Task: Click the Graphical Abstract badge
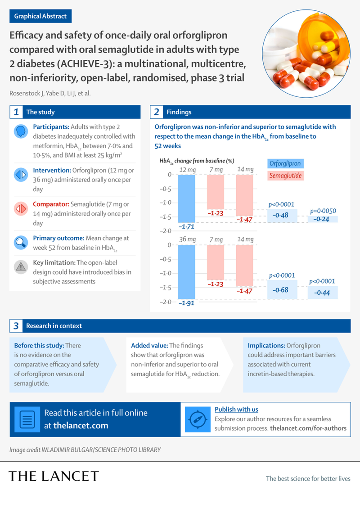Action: tap(40, 16)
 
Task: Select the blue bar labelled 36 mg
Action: tap(187, 271)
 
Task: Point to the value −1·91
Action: tap(187, 303)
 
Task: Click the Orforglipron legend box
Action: tap(285, 163)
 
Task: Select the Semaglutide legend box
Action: tap(285, 176)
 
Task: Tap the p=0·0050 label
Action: tap(323, 211)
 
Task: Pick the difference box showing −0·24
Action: tap(323, 219)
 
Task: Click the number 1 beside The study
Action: tap(16, 112)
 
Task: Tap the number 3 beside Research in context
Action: tap(16, 325)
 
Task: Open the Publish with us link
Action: tap(236, 409)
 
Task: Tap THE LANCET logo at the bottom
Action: tap(54, 476)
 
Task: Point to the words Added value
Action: tap(148, 345)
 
